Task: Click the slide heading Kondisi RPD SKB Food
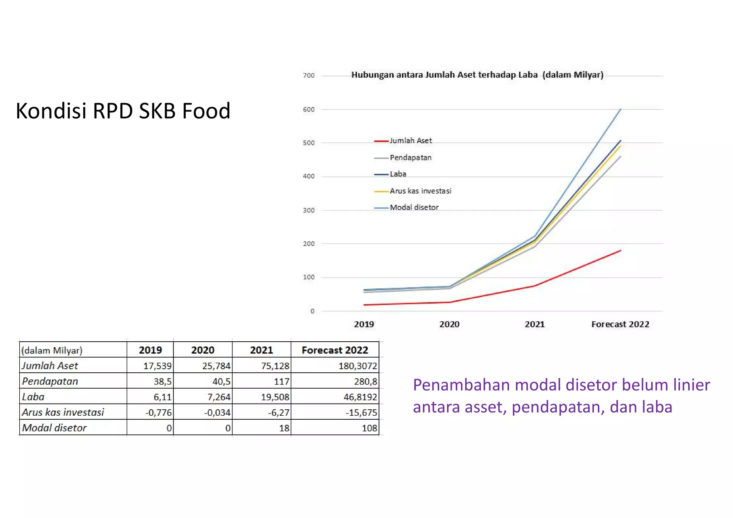tap(123, 111)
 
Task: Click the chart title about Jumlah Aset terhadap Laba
tap(477, 75)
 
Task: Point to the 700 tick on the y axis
tap(309, 75)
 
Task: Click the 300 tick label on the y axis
tap(309, 210)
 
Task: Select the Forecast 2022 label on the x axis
tap(620, 324)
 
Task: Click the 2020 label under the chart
tap(449, 324)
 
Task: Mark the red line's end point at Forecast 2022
tap(620, 250)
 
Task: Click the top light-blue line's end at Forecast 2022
tap(620, 109)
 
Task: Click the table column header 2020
tap(203, 350)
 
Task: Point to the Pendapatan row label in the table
tap(50, 381)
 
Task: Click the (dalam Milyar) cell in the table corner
tap(52, 350)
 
